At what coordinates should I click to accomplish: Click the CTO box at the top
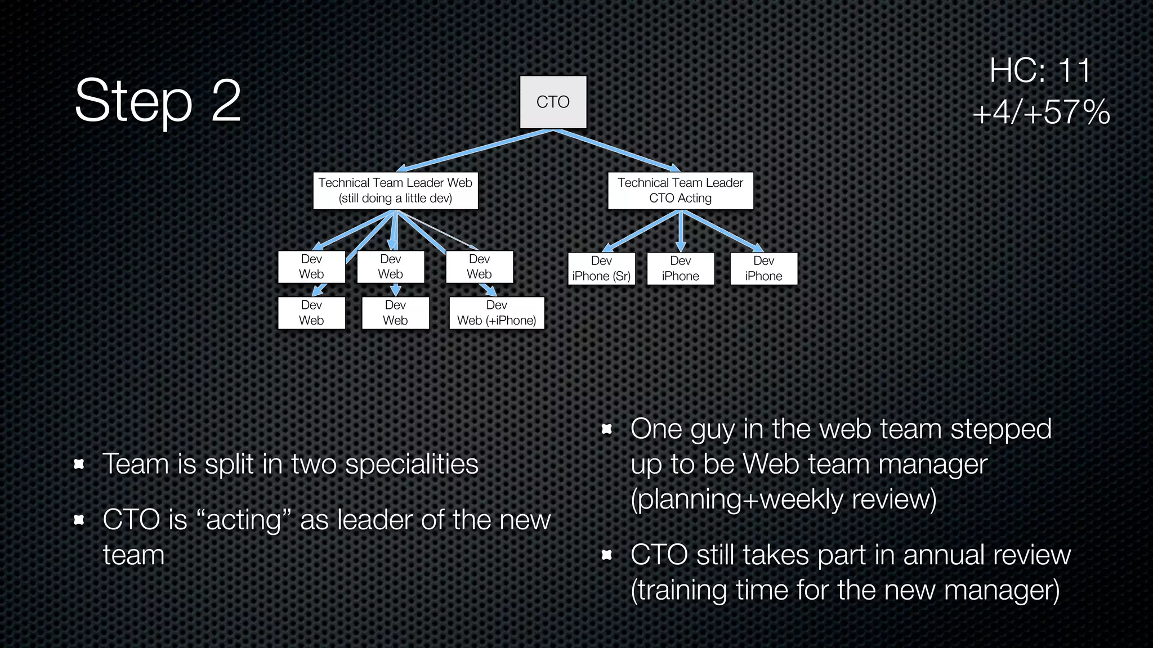[553, 102]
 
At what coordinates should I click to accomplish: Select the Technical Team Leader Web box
[395, 191]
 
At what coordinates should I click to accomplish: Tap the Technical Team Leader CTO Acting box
[680, 191]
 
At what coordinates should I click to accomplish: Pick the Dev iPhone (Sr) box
[601, 268]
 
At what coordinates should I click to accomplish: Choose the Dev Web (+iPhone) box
[497, 313]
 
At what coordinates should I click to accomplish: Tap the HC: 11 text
[1040, 71]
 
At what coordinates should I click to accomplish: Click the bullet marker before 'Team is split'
[79, 464]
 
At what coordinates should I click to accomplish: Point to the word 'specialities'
[412, 464]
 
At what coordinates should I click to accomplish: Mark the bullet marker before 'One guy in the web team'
[606, 429]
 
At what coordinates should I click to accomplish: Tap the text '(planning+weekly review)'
[783, 499]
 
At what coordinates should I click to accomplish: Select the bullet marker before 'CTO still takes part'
[606, 555]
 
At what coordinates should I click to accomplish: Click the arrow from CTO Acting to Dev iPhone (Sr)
[642, 231]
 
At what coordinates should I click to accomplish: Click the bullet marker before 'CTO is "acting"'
[79, 520]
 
